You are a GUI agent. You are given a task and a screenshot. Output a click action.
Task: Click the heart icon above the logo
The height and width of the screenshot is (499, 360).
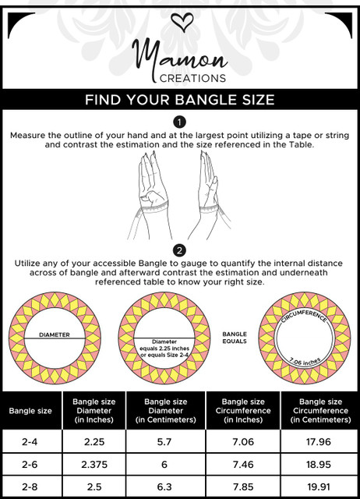coord(182,22)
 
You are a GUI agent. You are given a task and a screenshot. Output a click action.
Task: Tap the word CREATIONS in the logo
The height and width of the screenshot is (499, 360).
coord(192,78)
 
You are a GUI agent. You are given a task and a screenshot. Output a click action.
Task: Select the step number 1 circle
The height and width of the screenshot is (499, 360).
coord(179,122)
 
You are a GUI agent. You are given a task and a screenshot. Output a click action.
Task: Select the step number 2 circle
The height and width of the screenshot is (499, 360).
coord(179,251)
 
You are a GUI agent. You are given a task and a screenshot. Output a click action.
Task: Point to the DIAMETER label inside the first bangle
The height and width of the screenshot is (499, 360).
coord(55,334)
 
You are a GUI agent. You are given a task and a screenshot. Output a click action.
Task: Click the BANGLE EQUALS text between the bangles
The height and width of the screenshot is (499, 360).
coord(235,338)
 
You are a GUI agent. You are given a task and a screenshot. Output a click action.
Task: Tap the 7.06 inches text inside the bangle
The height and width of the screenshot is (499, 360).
coord(305,362)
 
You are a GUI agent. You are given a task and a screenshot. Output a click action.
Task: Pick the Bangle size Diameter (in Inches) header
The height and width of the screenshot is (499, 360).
coord(94,411)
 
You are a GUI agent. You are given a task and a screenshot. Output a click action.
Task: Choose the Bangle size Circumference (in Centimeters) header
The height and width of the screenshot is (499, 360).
coord(320,411)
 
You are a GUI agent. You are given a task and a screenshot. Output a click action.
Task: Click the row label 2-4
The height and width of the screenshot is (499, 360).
coord(30,442)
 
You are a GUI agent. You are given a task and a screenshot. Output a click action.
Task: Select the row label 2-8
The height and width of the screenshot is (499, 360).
coord(30,487)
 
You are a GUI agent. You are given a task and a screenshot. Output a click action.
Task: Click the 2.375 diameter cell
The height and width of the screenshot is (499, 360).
coord(94,465)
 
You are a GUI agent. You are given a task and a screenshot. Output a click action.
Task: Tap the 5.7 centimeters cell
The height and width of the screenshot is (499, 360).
coord(164,442)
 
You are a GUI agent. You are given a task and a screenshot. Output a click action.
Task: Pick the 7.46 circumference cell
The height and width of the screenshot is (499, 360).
coord(243,465)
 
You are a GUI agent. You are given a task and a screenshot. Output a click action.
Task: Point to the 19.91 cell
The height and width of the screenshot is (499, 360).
coord(319,487)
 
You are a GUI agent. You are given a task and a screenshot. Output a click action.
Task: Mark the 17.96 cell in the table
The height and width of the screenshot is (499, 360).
coord(319,442)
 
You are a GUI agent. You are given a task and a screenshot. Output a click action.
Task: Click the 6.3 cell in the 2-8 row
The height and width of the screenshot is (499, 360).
coord(164,487)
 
